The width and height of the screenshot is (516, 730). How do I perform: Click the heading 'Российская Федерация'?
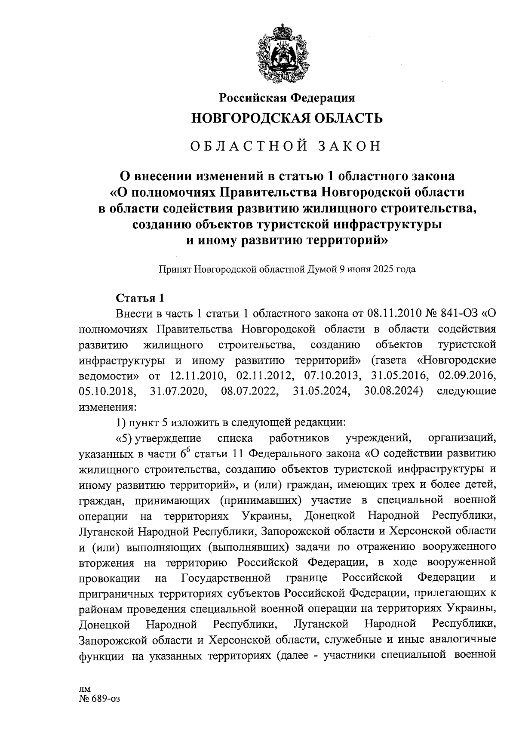click(x=287, y=98)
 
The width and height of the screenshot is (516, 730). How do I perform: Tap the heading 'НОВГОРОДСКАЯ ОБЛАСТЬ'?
click(x=287, y=118)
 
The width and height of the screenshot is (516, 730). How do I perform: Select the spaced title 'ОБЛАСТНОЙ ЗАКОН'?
click(x=286, y=146)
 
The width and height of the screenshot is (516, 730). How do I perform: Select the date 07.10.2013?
click(x=332, y=375)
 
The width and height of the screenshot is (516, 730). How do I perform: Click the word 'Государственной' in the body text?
click(x=226, y=578)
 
